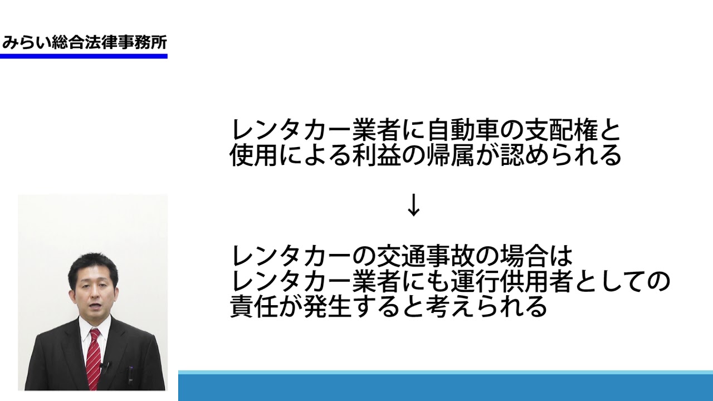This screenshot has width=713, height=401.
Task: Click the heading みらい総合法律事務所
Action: point(84,43)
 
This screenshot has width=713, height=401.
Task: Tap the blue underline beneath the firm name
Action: point(84,56)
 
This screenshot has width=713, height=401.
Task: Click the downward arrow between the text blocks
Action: point(413,205)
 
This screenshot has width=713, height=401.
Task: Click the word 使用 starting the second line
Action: point(253,155)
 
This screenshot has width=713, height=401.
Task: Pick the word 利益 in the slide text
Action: point(377,155)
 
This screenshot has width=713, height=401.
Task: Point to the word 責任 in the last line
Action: point(253,306)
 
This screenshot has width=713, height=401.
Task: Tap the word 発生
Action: point(328,306)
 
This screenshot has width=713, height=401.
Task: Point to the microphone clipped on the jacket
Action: point(105,366)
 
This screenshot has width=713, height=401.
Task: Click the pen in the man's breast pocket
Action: point(130,375)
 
